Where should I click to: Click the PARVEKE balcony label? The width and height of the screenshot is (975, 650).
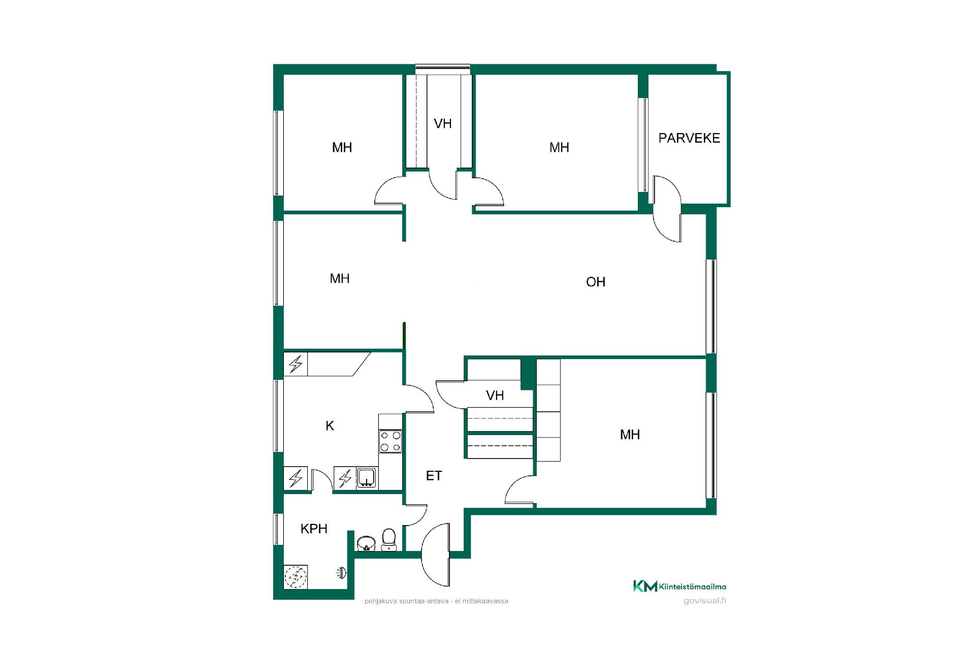pyautogui.click(x=689, y=138)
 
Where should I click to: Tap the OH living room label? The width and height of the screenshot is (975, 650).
pyautogui.click(x=596, y=282)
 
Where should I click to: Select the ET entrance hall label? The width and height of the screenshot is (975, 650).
pyautogui.click(x=434, y=476)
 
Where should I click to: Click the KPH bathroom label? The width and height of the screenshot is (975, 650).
pyautogui.click(x=314, y=529)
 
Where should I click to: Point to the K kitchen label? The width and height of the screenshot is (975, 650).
pyautogui.click(x=330, y=426)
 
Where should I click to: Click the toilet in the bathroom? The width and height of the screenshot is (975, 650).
pyautogui.click(x=389, y=540)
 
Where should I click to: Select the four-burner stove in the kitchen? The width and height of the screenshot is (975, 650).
pyautogui.click(x=391, y=441)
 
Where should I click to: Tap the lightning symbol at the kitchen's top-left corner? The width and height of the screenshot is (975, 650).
pyautogui.click(x=296, y=364)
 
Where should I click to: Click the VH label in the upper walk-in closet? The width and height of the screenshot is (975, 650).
pyautogui.click(x=443, y=123)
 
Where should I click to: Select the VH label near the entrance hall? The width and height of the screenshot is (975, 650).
pyautogui.click(x=495, y=396)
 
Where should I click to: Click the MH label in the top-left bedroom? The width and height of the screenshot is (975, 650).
pyautogui.click(x=342, y=148)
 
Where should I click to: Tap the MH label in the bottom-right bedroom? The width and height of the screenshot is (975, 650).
pyautogui.click(x=630, y=435)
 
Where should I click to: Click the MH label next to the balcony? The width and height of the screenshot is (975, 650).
pyautogui.click(x=559, y=148)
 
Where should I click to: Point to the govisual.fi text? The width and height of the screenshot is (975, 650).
pyautogui.click(x=705, y=600)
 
